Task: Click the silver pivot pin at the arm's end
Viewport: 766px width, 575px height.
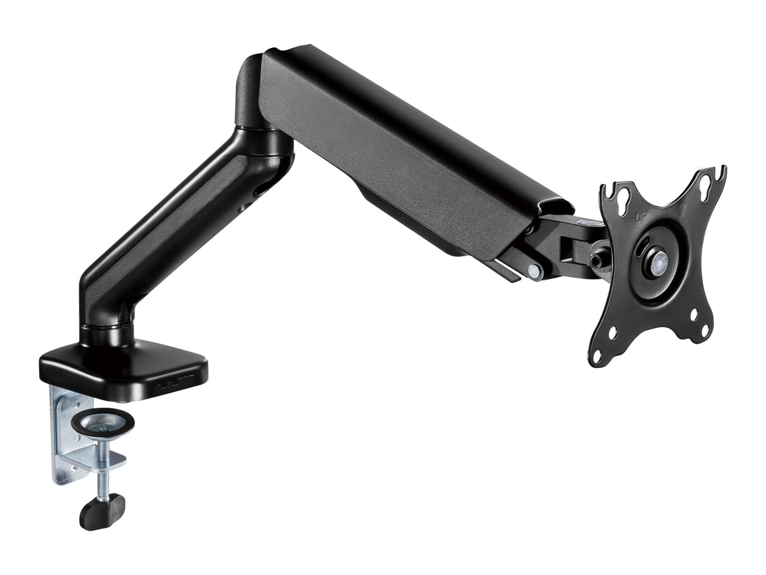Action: click(534, 271)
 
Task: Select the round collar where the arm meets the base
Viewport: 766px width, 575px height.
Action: click(106, 333)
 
